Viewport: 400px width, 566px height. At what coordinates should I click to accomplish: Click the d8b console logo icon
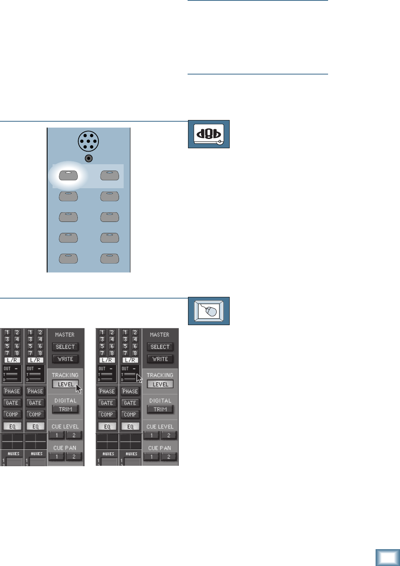coord(209,134)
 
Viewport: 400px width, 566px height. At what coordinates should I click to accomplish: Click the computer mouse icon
coord(209,311)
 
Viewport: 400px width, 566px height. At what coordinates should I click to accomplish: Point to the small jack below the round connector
coord(88,159)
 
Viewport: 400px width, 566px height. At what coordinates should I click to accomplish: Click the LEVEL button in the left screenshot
coord(65,384)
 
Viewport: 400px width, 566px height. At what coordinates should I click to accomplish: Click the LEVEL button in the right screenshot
coord(160,384)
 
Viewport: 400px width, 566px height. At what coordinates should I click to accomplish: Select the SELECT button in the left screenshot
coord(65,347)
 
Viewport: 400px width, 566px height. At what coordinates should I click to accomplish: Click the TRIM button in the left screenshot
coord(65,409)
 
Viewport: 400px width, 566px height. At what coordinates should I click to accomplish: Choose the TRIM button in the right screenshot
coord(160,409)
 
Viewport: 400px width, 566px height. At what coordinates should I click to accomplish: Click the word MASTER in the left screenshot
coord(65,335)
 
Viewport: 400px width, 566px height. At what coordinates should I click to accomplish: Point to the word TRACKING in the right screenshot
coord(160,375)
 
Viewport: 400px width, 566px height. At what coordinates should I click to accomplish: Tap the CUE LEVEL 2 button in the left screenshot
coord(74,435)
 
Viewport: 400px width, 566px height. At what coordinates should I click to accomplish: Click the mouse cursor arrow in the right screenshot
coord(139,377)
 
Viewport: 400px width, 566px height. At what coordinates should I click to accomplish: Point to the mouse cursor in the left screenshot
coord(78,388)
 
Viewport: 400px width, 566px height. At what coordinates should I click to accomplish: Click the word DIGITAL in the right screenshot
coord(160,400)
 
